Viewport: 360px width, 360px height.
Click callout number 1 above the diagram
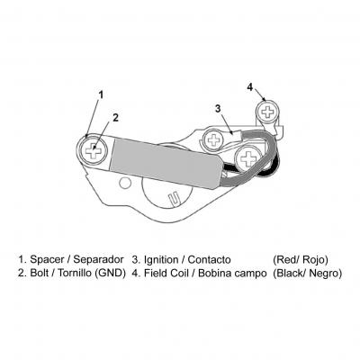click(x=101, y=94)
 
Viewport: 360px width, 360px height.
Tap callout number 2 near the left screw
click(x=115, y=118)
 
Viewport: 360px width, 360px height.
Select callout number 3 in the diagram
click(x=218, y=108)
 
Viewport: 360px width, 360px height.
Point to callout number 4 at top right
click(x=250, y=87)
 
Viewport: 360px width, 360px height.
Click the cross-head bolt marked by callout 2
click(x=94, y=150)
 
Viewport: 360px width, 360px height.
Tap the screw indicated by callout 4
click(x=266, y=112)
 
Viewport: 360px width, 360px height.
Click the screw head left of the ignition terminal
click(x=213, y=139)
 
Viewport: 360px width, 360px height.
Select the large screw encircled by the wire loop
click(x=248, y=157)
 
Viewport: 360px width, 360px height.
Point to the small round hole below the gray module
click(x=125, y=183)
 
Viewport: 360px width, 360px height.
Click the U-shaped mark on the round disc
click(x=174, y=200)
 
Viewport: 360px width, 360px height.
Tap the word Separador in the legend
click(x=98, y=259)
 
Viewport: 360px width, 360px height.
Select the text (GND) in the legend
click(x=110, y=274)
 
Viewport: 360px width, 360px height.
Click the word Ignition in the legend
click(x=162, y=259)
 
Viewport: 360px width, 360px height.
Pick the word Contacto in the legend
click(x=209, y=259)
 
